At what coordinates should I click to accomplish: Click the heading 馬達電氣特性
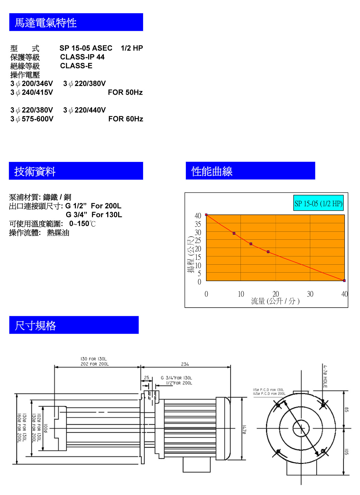click(46, 23)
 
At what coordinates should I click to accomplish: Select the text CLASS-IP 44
click(82, 57)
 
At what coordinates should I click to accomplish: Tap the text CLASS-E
click(76, 66)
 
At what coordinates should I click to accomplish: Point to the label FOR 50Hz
click(125, 92)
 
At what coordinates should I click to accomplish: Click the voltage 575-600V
click(37, 119)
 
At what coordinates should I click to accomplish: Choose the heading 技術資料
click(35, 171)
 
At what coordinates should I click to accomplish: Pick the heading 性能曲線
click(212, 171)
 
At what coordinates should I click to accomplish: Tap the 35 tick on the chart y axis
click(198, 224)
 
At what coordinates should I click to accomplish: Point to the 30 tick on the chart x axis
click(310, 294)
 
